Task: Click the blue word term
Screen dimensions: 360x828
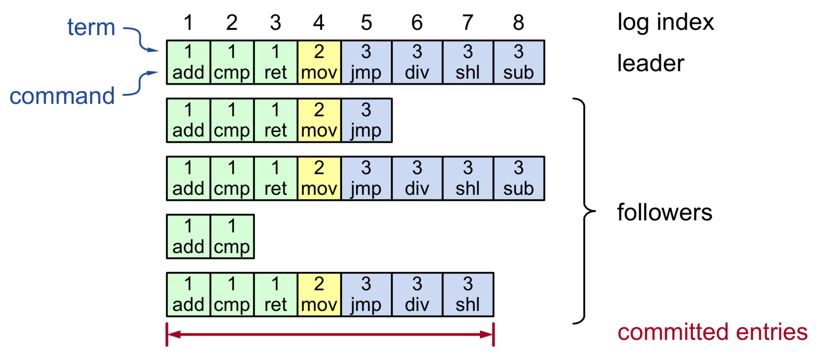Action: click(x=91, y=27)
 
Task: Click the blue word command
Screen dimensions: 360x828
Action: click(x=62, y=96)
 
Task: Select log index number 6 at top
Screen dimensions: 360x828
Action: click(x=417, y=23)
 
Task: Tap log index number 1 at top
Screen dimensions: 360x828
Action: click(x=188, y=23)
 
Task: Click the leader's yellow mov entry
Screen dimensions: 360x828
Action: click(x=319, y=62)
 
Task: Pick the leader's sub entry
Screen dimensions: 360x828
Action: click(x=518, y=62)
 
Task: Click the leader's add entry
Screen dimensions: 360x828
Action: click(x=188, y=62)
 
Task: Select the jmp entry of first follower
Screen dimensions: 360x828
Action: click(x=366, y=121)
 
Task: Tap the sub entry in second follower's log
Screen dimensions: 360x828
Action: click(x=518, y=178)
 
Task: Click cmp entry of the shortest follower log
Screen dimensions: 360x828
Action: click(x=232, y=237)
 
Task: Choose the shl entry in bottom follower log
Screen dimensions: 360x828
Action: click(x=468, y=295)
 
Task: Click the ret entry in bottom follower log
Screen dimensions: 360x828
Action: click(x=275, y=295)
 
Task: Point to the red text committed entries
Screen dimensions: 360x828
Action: click(x=712, y=332)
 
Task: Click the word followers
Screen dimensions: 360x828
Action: click(x=664, y=213)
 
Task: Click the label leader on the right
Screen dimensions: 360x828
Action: click(x=650, y=63)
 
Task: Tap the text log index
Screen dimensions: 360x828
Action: click(x=665, y=22)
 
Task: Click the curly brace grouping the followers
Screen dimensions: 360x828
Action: click(x=584, y=211)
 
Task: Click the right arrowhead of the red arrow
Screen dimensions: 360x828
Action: click(x=486, y=334)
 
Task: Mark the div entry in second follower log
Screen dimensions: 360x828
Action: click(x=417, y=178)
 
